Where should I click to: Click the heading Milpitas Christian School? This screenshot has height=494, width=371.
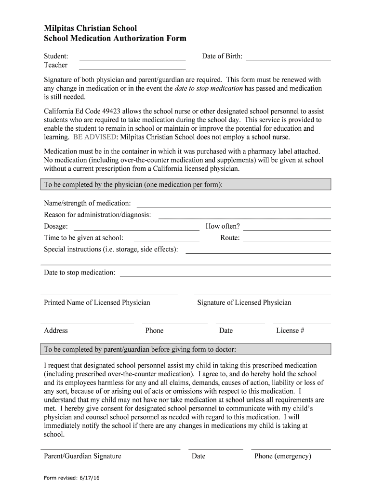click(x=91, y=28)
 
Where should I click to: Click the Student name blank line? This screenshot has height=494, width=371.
click(x=132, y=59)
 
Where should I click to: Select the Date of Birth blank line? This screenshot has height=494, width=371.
click(x=288, y=59)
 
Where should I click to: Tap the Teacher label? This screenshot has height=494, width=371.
click(x=56, y=65)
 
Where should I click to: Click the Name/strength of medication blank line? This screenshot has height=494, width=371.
click(x=234, y=206)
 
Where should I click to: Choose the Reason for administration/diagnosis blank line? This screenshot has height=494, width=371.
click(x=244, y=218)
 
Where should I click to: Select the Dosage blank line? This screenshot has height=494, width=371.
click(x=136, y=230)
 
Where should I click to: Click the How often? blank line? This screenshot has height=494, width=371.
click(x=287, y=230)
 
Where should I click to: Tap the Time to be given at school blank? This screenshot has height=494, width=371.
click(x=166, y=241)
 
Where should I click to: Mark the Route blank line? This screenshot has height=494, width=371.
click(x=287, y=241)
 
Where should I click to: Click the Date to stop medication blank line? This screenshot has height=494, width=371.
click(x=225, y=276)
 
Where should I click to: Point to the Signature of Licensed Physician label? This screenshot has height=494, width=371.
click(x=244, y=302)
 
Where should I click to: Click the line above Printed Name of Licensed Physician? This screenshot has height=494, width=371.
click(x=109, y=293)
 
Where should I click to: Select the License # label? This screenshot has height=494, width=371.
click(x=290, y=330)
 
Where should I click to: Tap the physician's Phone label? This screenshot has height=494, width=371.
click(x=154, y=330)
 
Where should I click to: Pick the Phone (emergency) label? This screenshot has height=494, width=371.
click(x=283, y=456)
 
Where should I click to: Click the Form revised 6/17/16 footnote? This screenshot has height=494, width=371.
click(x=72, y=478)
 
